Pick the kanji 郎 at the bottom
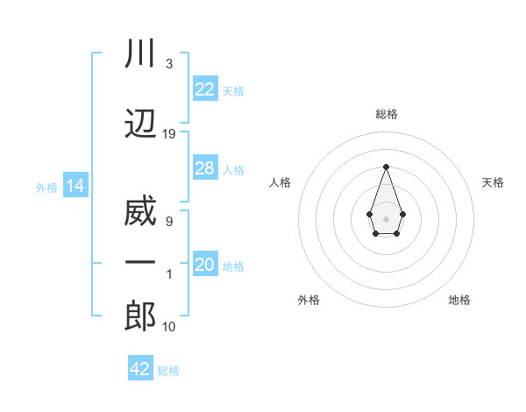pyautogui.click(x=140, y=316)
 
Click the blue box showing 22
pyautogui.click(x=205, y=89)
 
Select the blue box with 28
pyautogui.click(x=205, y=168)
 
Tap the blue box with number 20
pyautogui.click(x=205, y=266)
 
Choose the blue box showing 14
pyautogui.click(x=75, y=186)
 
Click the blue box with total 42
pyautogui.click(x=140, y=369)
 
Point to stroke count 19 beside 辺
pyautogui.click(x=169, y=134)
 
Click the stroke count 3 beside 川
pyautogui.click(x=168, y=64)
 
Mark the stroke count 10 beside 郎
pyautogui.click(x=169, y=327)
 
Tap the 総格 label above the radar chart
pyautogui.click(x=386, y=114)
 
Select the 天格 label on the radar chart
pyautogui.click(x=493, y=182)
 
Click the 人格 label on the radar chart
pyautogui.click(x=280, y=182)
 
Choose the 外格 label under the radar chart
pyautogui.click(x=309, y=300)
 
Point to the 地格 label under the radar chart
pyautogui.click(x=459, y=300)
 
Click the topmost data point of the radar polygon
pyautogui.click(x=386, y=167)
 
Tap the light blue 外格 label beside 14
pyautogui.click(x=46, y=187)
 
